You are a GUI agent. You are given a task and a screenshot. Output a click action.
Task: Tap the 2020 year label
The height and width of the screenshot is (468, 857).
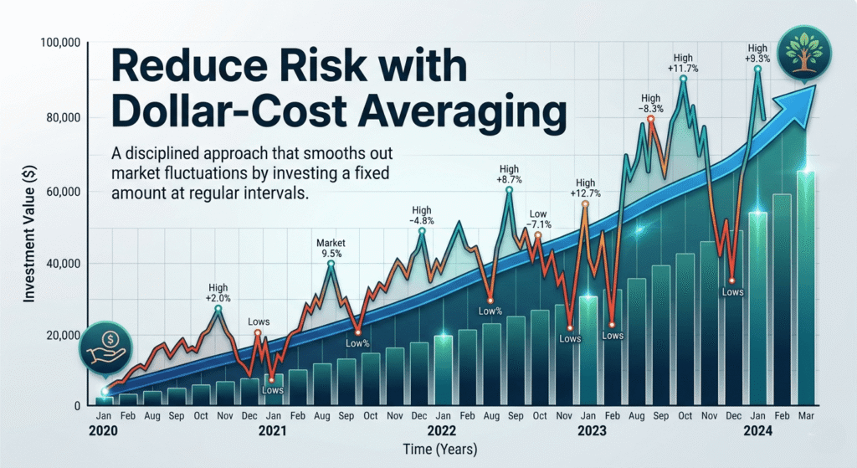click(x=103, y=432)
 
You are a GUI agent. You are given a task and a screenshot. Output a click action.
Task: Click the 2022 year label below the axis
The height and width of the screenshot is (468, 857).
click(x=442, y=432)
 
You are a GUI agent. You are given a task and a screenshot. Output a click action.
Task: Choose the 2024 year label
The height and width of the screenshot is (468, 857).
click(x=757, y=432)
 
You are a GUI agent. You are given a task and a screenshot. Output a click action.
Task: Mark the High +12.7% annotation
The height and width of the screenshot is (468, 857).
click(x=585, y=189)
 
